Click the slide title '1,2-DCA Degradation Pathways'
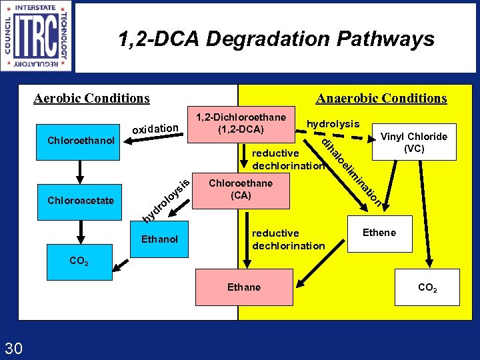coord(276,40)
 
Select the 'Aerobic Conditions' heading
coord(91,99)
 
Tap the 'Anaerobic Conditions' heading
coord(381,99)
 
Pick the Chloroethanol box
coord(81,141)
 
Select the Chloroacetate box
coord(81,201)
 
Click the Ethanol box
coord(159,239)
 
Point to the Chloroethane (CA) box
coord(240,189)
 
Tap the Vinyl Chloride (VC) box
coord(413,143)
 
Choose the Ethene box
coord(379,233)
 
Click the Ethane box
coord(244,287)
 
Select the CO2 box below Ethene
coord(427,288)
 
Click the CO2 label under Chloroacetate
coord(79,261)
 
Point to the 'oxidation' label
coord(155,128)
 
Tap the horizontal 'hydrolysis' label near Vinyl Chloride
coord(333,124)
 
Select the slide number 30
coord(14,347)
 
